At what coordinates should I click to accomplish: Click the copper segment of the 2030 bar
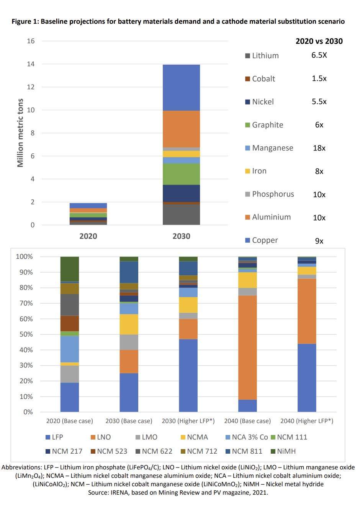coord(181,87)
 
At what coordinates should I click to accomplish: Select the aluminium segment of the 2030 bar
coord(181,129)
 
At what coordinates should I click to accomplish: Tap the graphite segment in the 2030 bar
coord(181,174)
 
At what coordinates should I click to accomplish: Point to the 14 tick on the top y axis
coord(31,64)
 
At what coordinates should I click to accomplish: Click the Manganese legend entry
coord(272,148)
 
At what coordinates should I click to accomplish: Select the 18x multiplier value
coord(319,148)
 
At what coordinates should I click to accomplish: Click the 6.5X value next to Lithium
coord(319,55)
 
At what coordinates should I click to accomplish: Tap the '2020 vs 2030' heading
coord(319,41)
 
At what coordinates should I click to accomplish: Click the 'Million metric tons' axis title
coord(20,133)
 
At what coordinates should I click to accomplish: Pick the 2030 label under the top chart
coord(181,236)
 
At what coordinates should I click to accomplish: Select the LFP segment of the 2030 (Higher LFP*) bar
coord(188,375)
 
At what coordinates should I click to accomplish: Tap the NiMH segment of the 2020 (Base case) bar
coord(70,269)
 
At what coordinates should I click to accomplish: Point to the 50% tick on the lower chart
coord(24,334)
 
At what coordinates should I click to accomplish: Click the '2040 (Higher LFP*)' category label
coord(307,421)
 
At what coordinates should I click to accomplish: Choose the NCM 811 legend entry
coord(247,451)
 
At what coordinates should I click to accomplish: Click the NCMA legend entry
coord(197,437)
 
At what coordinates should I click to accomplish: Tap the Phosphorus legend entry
coord(272,194)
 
